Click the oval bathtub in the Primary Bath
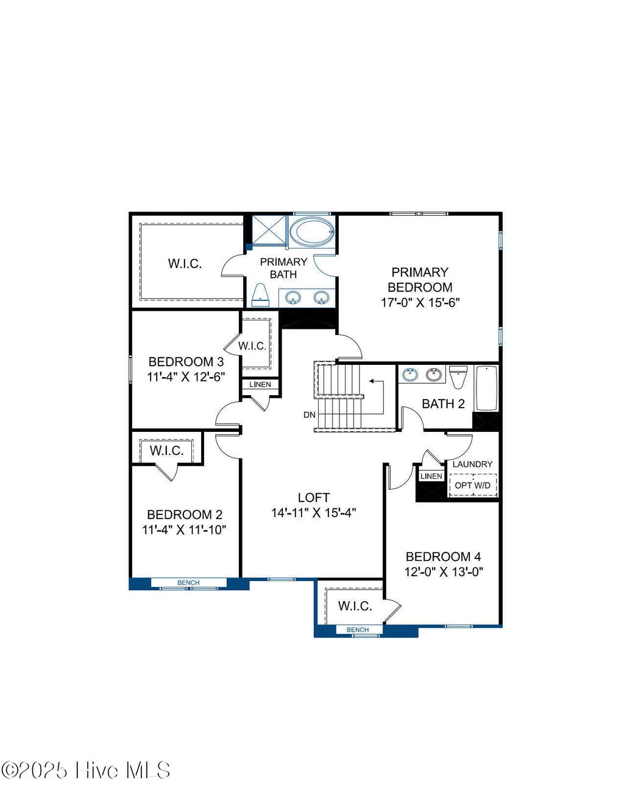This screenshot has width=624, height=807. pyautogui.click(x=311, y=232)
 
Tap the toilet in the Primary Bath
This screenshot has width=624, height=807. pyautogui.click(x=260, y=295)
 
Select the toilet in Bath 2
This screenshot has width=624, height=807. pyautogui.click(x=458, y=376)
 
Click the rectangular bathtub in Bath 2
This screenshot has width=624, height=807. pyautogui.click(x=486, y=388)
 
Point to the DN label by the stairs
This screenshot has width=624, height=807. pyautogui.click(x=310, y=415)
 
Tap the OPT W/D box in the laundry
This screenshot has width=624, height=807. pyautogui.click(x=472, y=485)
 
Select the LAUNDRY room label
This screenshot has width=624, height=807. pyautogui.click(x=472, y=464)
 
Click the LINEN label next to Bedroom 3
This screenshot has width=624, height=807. pyautogui.click(x=260, y=384)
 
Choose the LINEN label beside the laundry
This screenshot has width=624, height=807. pyautogui.click(x=431, y=476)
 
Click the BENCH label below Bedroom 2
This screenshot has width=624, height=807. pyautogui.click(x=188, y=583)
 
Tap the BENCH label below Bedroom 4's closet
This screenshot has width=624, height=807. pyautogui.click(x=358, y=630)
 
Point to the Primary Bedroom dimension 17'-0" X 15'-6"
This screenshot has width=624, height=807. pyautogui.click(x=420, y=302)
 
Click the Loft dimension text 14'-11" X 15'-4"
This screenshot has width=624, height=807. pyautogui.click(x=313, y=513)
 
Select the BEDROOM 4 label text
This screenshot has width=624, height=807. pyautogui.click(x=443, y=556)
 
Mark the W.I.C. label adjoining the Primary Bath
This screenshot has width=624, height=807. pyautogui.click(x=185, y=263)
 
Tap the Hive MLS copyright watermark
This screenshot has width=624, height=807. pyautogui.click(x=86, y=770)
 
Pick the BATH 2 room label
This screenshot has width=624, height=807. pyautogui.click(x=443, y=403)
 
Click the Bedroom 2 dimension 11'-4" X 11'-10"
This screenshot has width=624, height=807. pyautogui.click(x=184, y=530)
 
